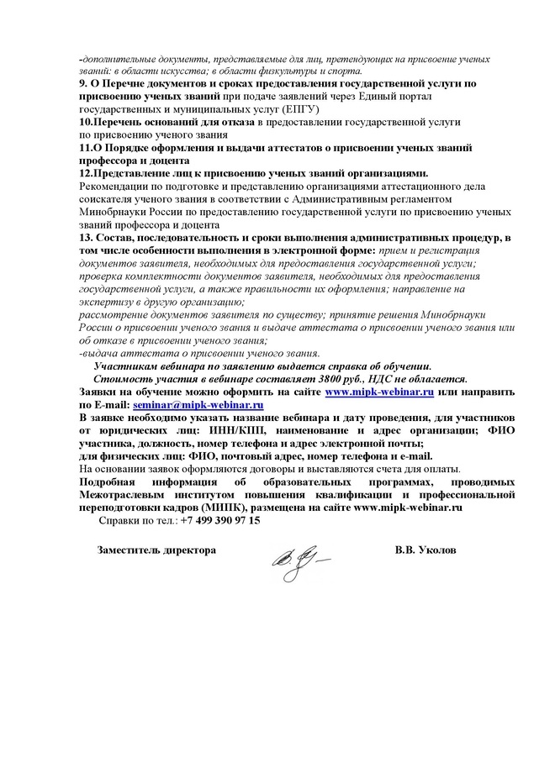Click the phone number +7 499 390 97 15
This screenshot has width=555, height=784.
[x=220, y=521]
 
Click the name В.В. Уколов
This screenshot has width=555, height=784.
[x=426, y=550]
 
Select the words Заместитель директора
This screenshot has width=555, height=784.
[x=156, y=550]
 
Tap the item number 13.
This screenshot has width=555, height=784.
[x=84, y=239]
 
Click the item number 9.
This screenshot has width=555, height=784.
[x=81, y=84]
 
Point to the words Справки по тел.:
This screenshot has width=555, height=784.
[x=139, y=521]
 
